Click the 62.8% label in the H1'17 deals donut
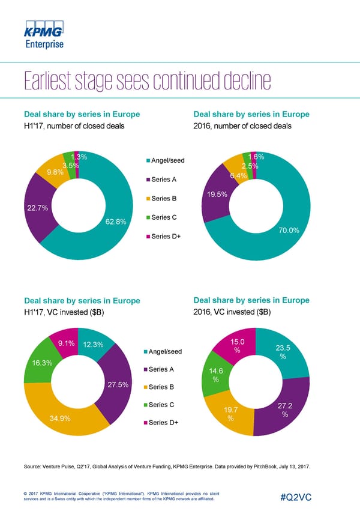(x=115, y=222)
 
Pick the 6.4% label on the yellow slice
(x=239, y=175)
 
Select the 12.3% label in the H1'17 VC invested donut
(x=94, y=344)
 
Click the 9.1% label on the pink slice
(x=66, y=343)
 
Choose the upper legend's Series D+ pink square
(x=148, y=237)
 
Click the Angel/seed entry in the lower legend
(x=169, y=351)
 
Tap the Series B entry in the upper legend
(x=165, y=199)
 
